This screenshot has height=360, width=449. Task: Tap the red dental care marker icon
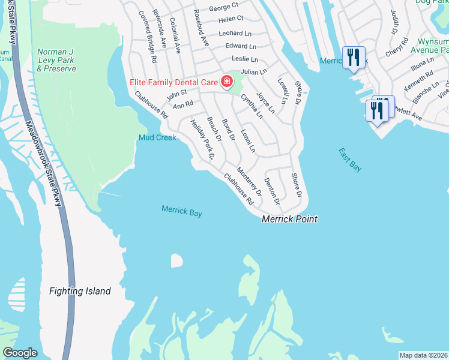pos(228,81)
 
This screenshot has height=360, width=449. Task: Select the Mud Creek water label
pos(157,137)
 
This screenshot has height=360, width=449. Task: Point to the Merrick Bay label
pos(181,211)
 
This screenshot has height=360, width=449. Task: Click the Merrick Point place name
pos(289,220)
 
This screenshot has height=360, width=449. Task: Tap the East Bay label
pos(350,160)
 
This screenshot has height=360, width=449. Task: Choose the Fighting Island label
pos(80,291)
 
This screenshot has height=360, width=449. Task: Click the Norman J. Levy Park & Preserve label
pos(56,60)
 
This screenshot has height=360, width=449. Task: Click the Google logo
pos(20,353)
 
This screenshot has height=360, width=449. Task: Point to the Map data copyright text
pos(423,355)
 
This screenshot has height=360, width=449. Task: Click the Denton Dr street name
pos(272,192)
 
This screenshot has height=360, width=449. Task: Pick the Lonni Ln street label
pos(248,140)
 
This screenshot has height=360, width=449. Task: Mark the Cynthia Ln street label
pos(252,106)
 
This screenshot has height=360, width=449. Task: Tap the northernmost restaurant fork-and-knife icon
pos(352,58)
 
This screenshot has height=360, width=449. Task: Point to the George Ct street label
pos(223,8)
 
